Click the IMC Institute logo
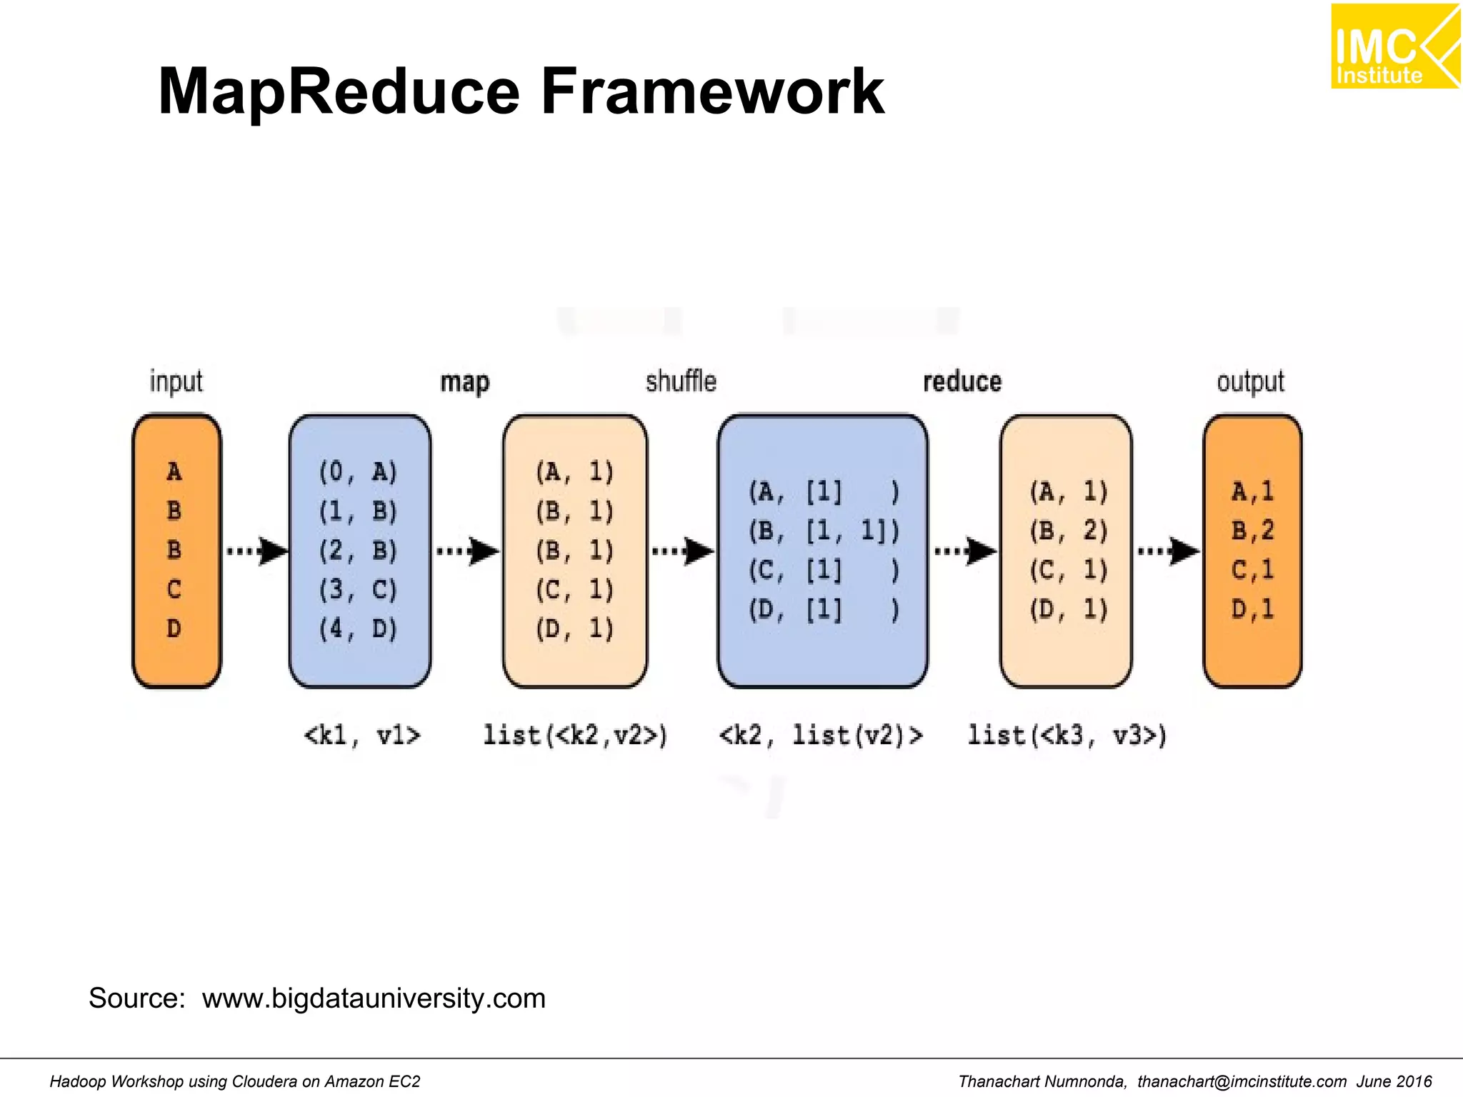point(1394,46)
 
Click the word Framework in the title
point(712,91)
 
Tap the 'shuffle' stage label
point(681,381)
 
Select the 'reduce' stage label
point(962,382)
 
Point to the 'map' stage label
point(464,383)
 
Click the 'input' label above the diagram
point(176,381)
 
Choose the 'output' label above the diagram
point(1250,382)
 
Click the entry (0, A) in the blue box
point(358,472)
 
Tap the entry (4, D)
point(358,629)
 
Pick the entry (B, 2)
point(1068,531)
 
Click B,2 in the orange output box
point(1252,531)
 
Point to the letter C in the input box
point(174,589)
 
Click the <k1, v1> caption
point(362,735)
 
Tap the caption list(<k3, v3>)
point(1067,735)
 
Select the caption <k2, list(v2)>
point(821,735)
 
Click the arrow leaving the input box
point(256,551)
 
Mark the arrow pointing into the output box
point(1169,551)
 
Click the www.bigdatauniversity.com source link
point(374,998)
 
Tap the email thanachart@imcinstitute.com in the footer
point(1242,1082)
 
